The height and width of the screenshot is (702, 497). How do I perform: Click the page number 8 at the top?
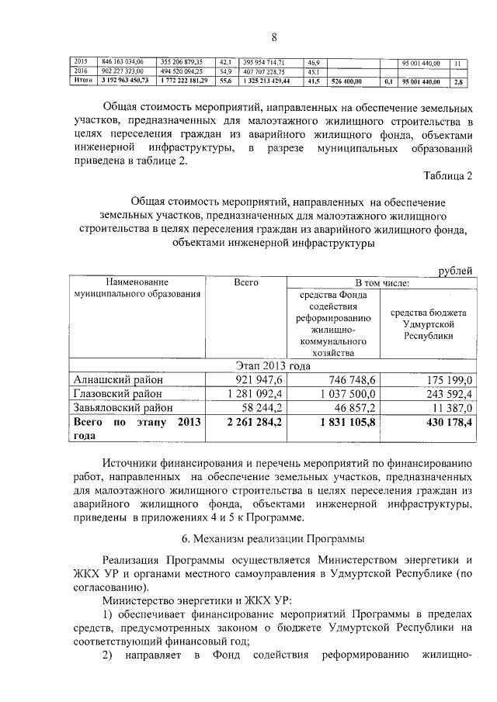coord(273,37)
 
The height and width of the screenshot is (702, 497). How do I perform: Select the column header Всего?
coord(245,284)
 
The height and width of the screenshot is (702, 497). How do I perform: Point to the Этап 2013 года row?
coord(273,365)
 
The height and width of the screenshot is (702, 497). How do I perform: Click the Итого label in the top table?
coord(82,80)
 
